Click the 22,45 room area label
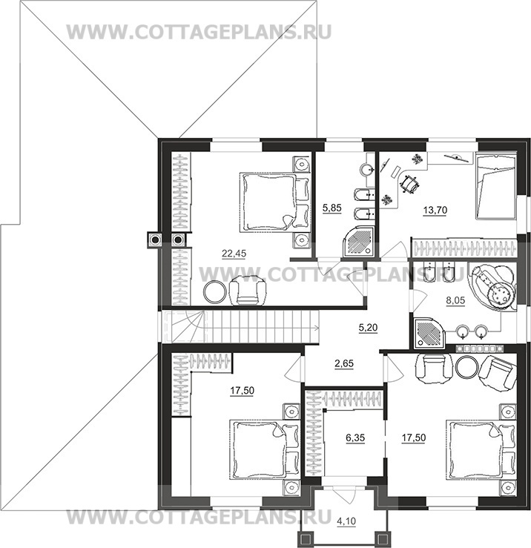point(234,254)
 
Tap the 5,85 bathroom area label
point(332,208)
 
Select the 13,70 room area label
point(435,211)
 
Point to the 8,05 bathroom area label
point(455,300)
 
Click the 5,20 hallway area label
point(368,328)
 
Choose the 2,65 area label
point(344,364)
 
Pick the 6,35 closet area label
point(355,438)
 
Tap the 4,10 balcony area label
point(346,521)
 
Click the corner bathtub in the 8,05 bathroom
point(494,287)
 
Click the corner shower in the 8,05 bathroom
point(428,333)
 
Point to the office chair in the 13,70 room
point(409,183)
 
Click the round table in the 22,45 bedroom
point(214,292)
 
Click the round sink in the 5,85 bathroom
point(367,170)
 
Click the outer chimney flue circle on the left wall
point(154,240)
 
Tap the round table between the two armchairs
point(467,368)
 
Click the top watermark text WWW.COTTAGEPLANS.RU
point(199,33)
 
